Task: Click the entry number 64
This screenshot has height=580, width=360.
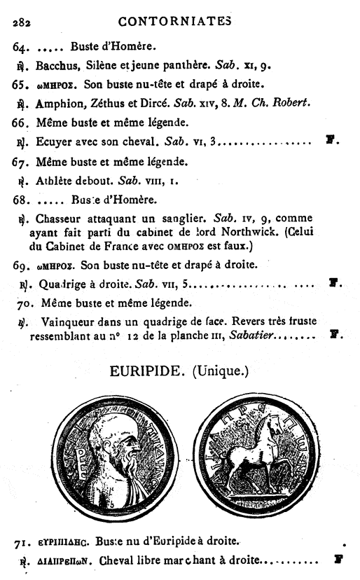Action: coord(22,48)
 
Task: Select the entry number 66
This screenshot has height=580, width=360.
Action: coord(22,123)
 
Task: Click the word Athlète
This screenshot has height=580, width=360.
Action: coord(56,181)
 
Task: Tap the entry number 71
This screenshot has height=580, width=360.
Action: coord(22,541)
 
